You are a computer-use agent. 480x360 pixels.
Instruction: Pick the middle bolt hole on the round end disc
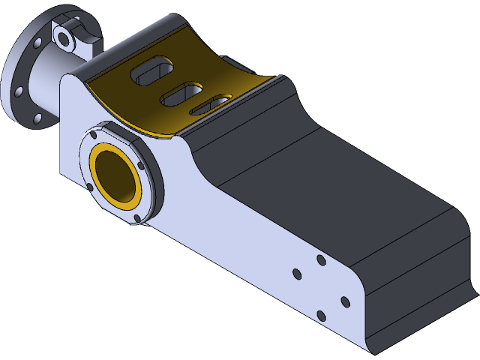click(19, 91)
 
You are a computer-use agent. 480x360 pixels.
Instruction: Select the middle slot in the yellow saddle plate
click(181, 92)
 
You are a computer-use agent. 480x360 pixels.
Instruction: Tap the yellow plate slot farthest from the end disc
click(210, 104)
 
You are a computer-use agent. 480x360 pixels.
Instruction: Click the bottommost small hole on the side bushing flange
click(136, 218)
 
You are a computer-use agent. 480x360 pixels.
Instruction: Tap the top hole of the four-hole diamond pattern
click(320, 259)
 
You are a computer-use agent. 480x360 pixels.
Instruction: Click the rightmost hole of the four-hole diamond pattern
click(345, 301)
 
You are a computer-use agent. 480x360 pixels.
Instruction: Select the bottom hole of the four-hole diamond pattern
click(321, 315)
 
